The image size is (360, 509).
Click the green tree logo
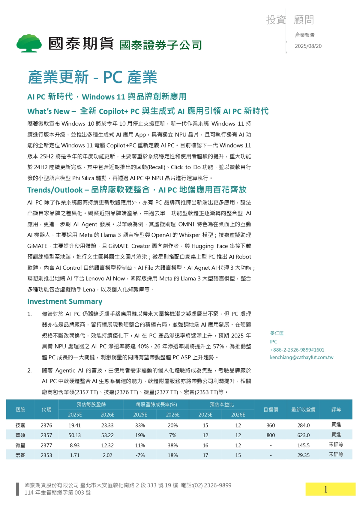click(x=29, y=43)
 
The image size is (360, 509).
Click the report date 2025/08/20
click(x=308, y=46)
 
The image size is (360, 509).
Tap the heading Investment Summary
click(x=64, y=301)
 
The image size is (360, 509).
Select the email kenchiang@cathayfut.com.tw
click(x=301, y=358)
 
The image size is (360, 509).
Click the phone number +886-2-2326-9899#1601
click(x=297, y=350)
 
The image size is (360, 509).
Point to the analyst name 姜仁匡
click(x=277, y=333)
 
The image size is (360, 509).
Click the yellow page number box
click(x=330, y=489)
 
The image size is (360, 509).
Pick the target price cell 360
click(x=271, y=425)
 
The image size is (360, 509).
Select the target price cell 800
click(x=271, y=435)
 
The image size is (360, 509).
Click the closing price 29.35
click(x=303, y=455)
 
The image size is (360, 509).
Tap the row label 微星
click(x=20, y=445)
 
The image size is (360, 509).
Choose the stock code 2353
click(x=46, y=455)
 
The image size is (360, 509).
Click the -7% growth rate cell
click(x=140, y=455)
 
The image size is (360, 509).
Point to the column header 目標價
click(x=271, y=410)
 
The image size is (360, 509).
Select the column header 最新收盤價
click(x=303, y=410)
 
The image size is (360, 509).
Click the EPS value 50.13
click(x=75, y=435)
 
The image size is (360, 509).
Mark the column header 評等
click(x=336, y=410)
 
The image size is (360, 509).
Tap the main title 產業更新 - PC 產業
click(x=92, y=77)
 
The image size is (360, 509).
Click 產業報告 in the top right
click(x=305, y=35)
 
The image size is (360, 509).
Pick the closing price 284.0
click(x=303, y=425)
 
